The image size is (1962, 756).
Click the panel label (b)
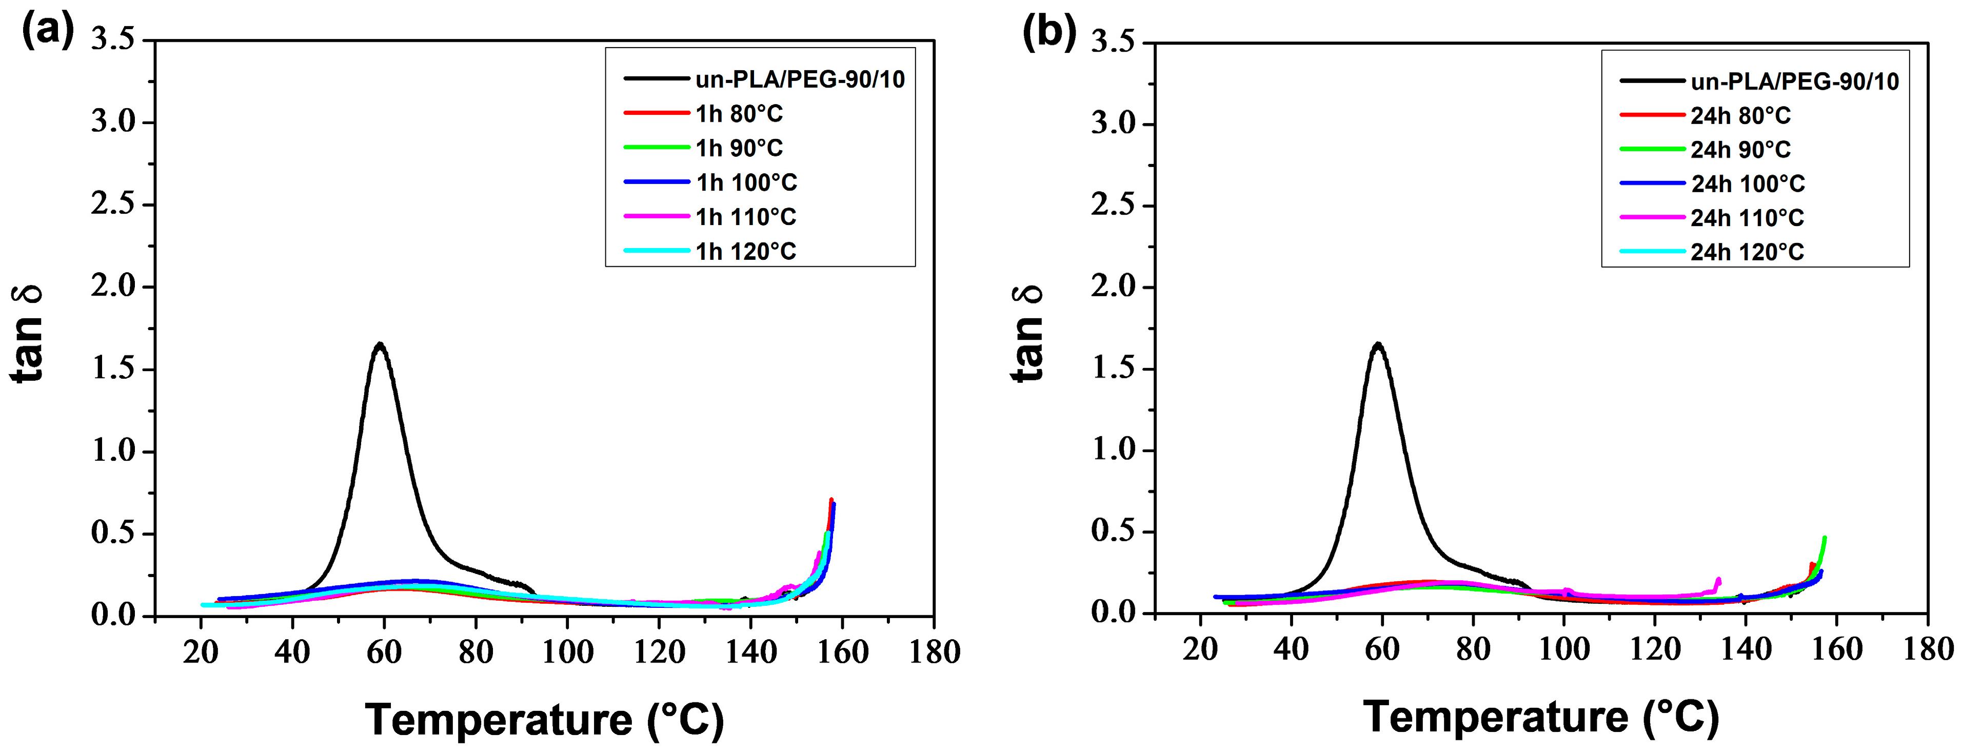1049,32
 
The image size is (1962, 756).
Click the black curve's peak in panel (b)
1378,344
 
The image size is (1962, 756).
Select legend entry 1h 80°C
738,113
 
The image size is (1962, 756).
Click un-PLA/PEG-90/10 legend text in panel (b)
1794,81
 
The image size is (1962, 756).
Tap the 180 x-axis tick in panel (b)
1928,649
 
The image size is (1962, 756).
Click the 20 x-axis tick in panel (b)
1200,649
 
